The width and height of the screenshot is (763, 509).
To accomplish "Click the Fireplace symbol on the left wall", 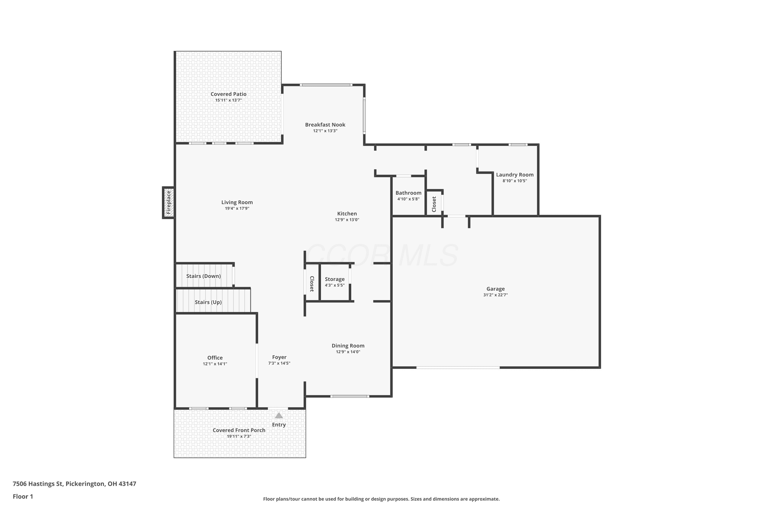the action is pos(168,203).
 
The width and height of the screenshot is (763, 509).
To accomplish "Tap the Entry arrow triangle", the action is pos(279,416).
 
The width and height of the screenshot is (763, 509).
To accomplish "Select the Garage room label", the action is pos(495,289).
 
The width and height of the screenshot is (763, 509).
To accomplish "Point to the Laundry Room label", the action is pos(515,175).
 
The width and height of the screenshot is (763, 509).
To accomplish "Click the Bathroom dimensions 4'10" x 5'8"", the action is pos(408,199).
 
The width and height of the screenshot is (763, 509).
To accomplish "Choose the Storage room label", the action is pos(334,279).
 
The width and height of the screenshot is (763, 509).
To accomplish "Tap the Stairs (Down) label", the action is pos(203,276).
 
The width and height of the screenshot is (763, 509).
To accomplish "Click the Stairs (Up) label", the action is pos(208,302).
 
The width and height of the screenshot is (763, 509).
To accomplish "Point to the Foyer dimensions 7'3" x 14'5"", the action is pos(279,363).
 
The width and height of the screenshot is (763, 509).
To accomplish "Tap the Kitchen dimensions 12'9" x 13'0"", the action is pos(347,220).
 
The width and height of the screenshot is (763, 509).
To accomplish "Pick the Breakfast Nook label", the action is pos(325,125).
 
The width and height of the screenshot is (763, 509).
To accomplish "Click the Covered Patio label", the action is pos(228,94).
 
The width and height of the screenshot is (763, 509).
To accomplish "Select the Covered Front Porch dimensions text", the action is pos(239,436).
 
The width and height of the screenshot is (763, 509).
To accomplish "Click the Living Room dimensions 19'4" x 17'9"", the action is pos(237,208).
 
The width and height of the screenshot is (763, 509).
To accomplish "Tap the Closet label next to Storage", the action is pos(312,284).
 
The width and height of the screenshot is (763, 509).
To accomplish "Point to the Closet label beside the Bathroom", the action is pos(434,204).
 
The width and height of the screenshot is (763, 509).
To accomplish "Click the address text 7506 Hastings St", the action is pos(38,484).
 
